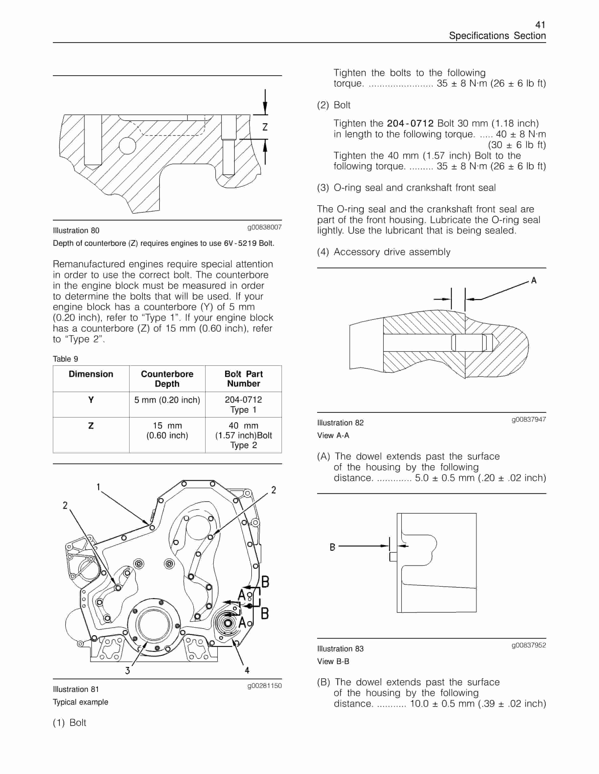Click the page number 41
point(540,25)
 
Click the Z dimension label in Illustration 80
point(265,127)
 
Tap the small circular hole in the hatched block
point(127,146)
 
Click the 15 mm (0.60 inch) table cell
point(167,430)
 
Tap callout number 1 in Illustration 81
point(98,487)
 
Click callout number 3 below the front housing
point(127,670)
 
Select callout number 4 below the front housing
point(247,670)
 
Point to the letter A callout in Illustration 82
point(533,281)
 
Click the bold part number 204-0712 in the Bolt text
point(410,123)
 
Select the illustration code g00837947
point(528,419)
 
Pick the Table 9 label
point(65,359)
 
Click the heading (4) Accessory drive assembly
point(384,252)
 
